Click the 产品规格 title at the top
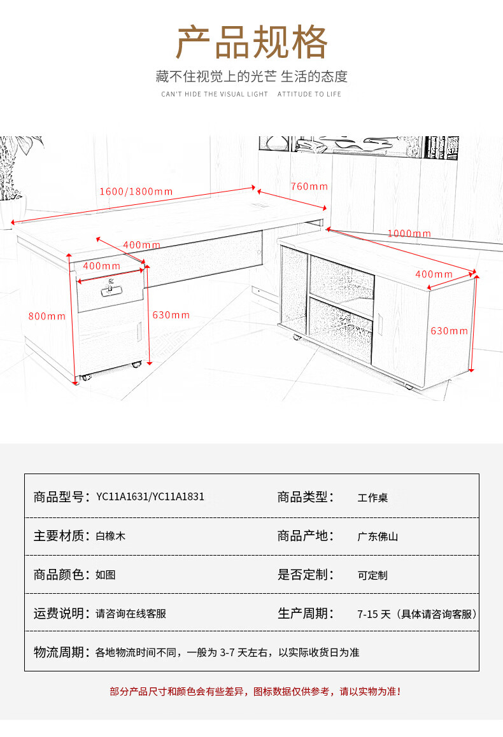click(x=251, y=43)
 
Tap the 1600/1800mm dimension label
click(x=136, y=191)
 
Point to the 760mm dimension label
click(x=309, y=186)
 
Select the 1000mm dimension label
click(x=409, y=234)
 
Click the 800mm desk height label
click(x=46, y=316)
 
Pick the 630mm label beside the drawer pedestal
click(x=171, y=315)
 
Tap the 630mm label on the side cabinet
click(x=449, y=331)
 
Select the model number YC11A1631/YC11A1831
click(x=150, y=497)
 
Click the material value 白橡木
click(x=111, y=537)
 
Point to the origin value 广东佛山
click(x=378, y=537)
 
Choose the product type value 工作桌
click(x=372, y=498)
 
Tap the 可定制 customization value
click(x=372, y=575)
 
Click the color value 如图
click(x=106, y=575)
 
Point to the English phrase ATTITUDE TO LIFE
click(x=309, y=94)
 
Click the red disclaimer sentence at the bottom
click(x=255, y=691)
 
